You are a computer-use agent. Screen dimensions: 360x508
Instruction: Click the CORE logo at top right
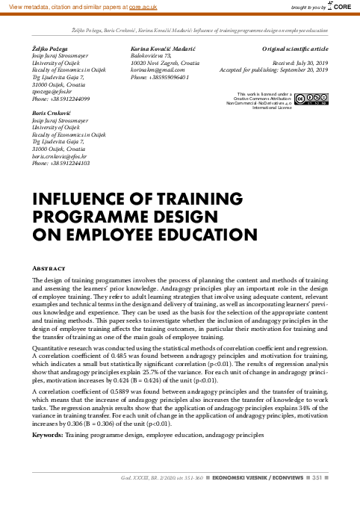(340, 7)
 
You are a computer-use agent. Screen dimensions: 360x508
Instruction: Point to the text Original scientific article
(295, 49)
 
